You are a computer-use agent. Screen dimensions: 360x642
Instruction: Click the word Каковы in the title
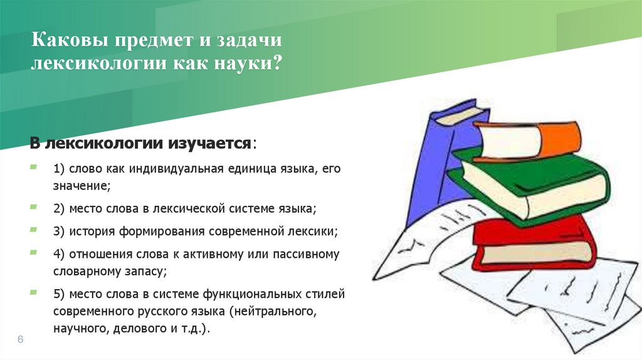point(66,42)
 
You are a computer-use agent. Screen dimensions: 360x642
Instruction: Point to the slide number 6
point(20,339)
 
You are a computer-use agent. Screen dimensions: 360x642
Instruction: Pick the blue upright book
point(439,163)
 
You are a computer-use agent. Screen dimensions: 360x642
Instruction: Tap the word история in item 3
point(88,231)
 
